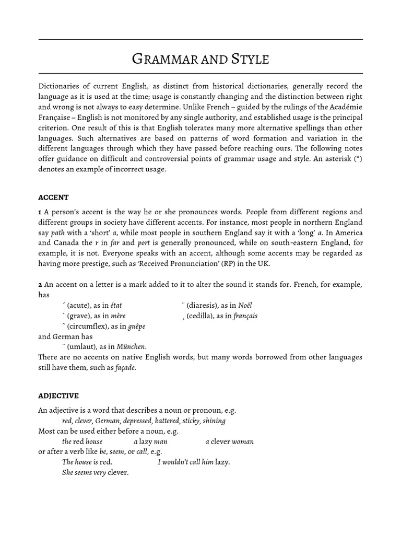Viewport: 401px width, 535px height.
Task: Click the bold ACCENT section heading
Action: tap(53, 197)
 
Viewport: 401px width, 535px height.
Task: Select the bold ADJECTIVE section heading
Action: tap(58, 396)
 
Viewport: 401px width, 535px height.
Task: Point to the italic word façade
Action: tap(125, 367)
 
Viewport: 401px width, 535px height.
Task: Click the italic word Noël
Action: tap(247, 305)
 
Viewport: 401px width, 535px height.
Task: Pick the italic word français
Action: tap(245, 316)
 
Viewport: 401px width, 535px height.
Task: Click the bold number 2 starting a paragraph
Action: tap(40, 284)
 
